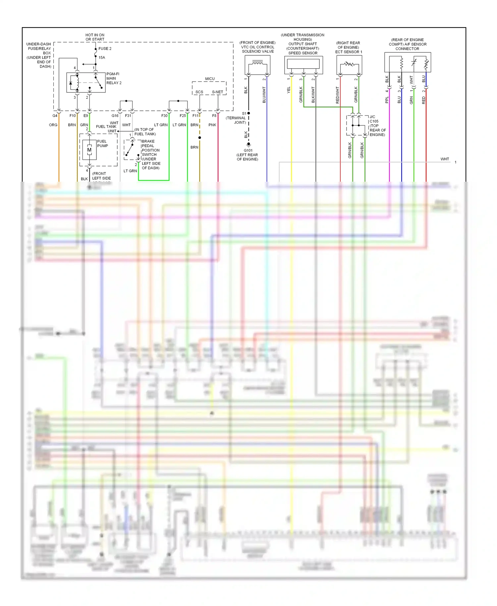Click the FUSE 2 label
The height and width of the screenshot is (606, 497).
pyautogui.click(x=105, y=48)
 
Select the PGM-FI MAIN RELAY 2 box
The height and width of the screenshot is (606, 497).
pyautogui.click(x=86, y=83)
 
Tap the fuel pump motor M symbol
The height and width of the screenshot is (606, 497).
pyautogui.click(x=89, y=150)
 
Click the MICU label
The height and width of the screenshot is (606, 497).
pyautogui.click(x=210, y=79)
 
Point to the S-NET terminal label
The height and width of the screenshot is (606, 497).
pyautogui.click(x=217, y=92)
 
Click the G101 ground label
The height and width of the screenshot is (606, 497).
pyautogui.click(x=248, y=151)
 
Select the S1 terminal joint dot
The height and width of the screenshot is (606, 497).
pyautogui.click(x=248, y=113)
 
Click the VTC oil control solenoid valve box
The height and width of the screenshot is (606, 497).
pyautogui.click(x=257, y=65)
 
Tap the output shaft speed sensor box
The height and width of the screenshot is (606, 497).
pyautogui.click(x=304, y=65)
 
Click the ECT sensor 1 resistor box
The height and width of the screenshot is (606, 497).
pyautogui.click(x=349, y=65)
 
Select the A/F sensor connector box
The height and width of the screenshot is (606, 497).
pyautogui.click(x=408, y=62)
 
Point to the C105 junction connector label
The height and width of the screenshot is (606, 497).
pyautogui.click(x=374, y=121)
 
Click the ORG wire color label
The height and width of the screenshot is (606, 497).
pyautogui.click(x=53, y=125)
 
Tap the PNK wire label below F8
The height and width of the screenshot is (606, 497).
pyautogui.click(x=212, y=125)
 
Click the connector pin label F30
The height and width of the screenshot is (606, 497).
pyautogui.click(x=164, y=116)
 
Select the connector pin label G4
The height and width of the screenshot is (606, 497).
pyautogui.click(x=55, y=116)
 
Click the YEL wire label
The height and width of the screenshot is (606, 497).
pyautogui.click(x=289, y=90)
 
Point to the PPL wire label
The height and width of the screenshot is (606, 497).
pyautogui.click(x=387, y=100)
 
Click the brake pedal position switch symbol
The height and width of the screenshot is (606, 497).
pyautogui.click(x=132, y=150)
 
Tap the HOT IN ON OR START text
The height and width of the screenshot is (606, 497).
pyautogui.click(x=95, y=37)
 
